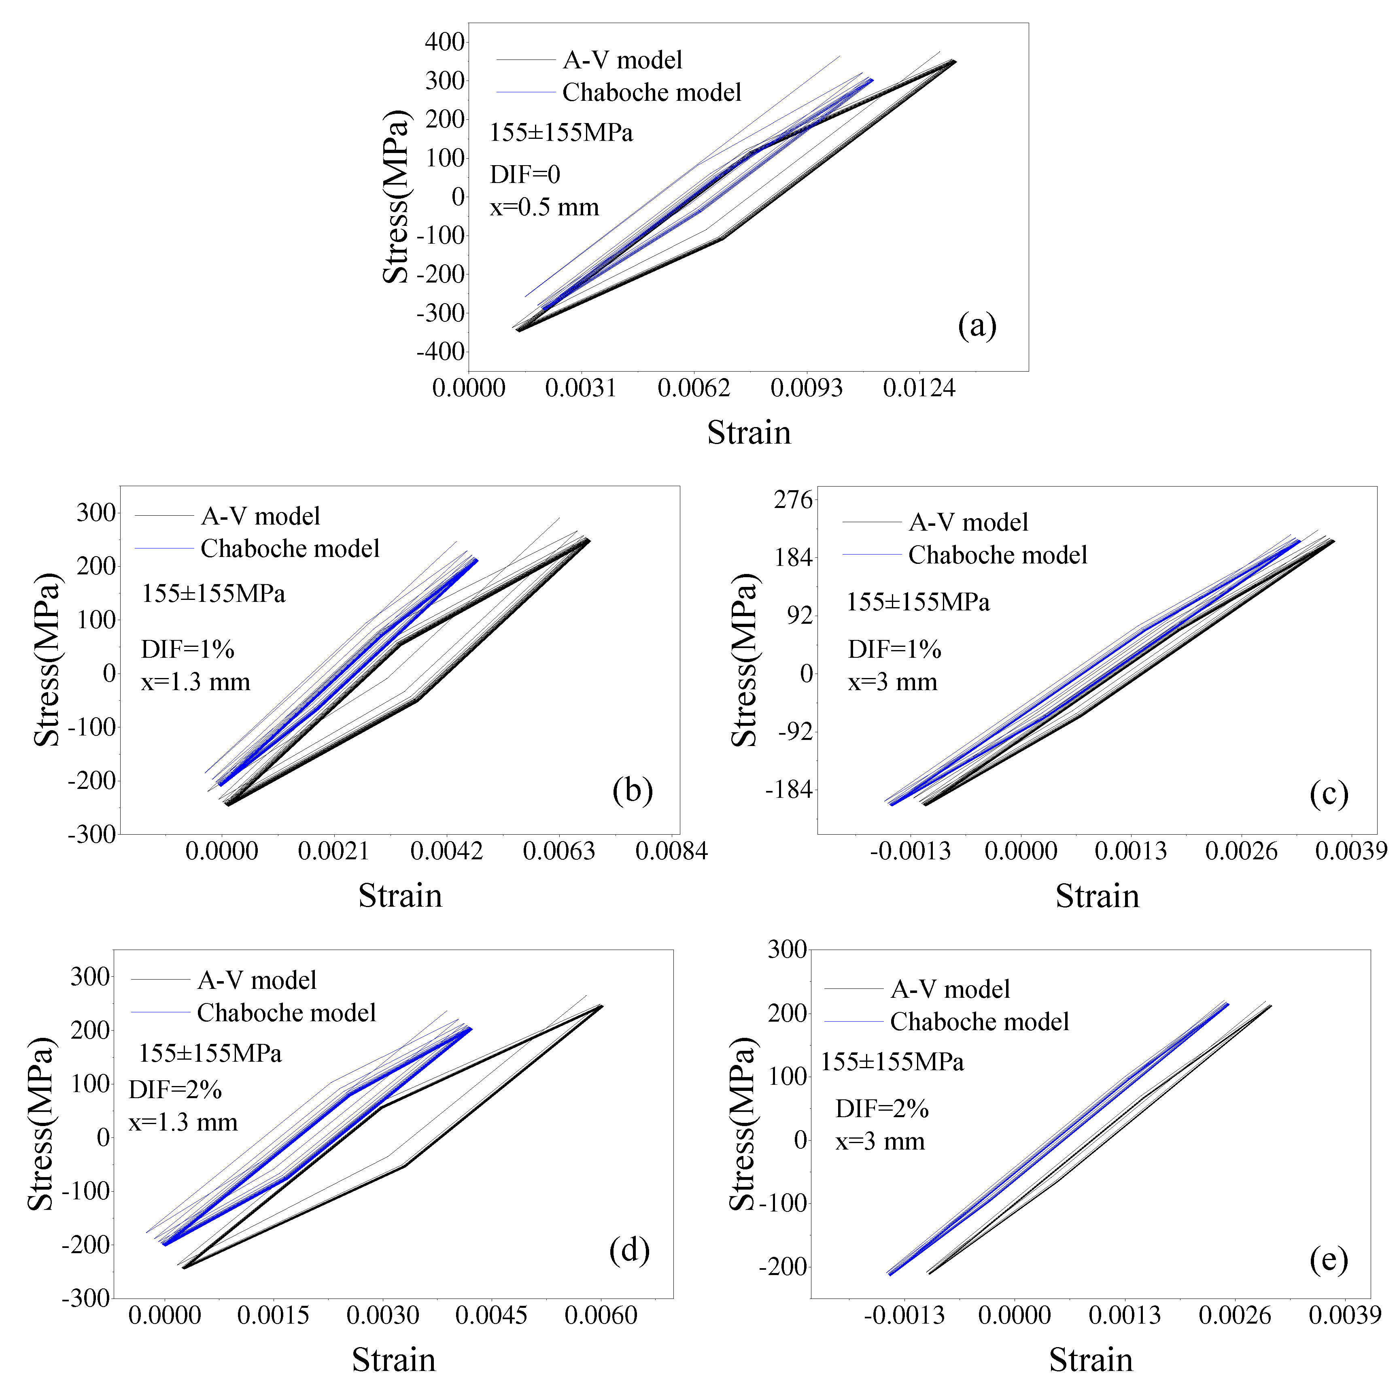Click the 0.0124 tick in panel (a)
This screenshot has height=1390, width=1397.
click(918, 388)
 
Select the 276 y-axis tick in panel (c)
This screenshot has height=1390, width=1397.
click(793, 500)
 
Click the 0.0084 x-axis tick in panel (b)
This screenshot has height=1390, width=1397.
click(671, 851)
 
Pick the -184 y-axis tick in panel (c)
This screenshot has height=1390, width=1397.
click(789, 790)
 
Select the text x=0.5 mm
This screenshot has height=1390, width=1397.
click(544, 208)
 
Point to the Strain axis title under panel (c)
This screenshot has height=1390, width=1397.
click(1097, 896)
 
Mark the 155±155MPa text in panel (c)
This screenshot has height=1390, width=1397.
click(917, 602)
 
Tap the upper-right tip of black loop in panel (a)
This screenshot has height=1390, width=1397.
click(955, 61)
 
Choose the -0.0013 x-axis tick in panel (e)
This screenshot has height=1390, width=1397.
click(904, 1315)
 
